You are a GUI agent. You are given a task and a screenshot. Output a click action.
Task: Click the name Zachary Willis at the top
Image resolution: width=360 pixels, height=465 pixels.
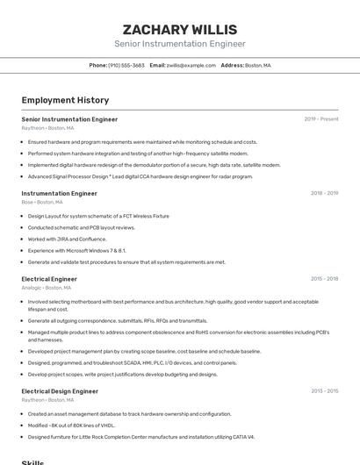click(x=179, y=29)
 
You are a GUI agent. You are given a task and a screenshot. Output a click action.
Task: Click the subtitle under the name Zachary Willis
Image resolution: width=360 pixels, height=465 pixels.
click(x=179, y=44)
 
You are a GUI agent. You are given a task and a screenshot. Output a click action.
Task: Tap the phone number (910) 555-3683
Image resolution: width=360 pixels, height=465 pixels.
click(x=126, y=66)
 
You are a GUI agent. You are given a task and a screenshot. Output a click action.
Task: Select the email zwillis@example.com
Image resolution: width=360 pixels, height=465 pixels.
click(x=191, y=66)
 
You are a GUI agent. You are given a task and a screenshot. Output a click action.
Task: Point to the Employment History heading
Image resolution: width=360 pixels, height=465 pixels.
click(x=65, y=101)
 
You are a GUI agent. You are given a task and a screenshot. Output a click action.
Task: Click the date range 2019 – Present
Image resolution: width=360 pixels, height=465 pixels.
click(x=320, y=119)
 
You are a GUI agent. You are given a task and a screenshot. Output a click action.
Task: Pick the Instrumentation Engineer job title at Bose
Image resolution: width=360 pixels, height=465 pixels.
click(x=59, y=193)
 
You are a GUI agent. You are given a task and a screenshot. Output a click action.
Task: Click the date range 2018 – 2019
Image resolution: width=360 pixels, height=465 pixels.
click(x=324, y=193)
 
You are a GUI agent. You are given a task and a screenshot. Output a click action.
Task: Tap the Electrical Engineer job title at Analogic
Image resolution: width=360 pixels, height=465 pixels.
click(x=49, y=279)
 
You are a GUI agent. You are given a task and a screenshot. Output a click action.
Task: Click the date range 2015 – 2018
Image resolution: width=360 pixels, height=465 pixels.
click(x=324, y=279)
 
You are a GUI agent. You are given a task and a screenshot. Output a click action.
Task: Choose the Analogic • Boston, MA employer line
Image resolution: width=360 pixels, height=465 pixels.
click(x=47, y=288)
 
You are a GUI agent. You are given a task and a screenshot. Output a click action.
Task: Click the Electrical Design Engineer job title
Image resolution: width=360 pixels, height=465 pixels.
click(x=60, y=391)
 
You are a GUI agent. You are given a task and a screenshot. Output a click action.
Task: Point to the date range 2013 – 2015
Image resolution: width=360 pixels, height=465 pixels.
click(x=324, y=391)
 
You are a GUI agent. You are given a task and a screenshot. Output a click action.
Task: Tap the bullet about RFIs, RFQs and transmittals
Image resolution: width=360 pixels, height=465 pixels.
click(x=118, y=321)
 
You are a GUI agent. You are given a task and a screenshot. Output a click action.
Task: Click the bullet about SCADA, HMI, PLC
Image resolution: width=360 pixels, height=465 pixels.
click(x=132, y=362)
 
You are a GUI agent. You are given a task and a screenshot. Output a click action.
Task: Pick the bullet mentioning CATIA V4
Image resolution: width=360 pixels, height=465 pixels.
click(x=140, y=436)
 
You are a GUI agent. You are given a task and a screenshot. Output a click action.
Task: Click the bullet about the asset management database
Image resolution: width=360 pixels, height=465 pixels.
click(x=129, y=413)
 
